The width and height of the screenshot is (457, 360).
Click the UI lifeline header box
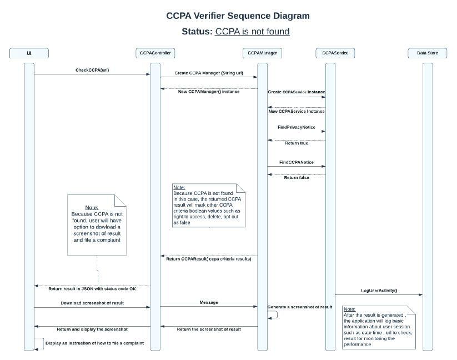coord(29,53)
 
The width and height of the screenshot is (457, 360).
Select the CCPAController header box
coord(155,53)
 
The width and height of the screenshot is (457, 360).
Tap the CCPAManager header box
coord(262,53)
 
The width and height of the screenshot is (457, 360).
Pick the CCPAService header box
coord(330,53)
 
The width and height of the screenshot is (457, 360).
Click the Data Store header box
coord(426,53)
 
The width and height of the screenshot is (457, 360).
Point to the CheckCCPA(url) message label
coord(92,70)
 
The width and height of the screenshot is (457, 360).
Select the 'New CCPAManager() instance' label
coord(209,92)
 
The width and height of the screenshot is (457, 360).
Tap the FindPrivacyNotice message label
coord(296,127)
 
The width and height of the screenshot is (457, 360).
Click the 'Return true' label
coord(297,143)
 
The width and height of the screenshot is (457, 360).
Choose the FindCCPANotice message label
coord(296,162)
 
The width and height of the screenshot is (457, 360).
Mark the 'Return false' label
coord(297,178)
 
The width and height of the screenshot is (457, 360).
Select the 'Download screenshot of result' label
coord(92,303)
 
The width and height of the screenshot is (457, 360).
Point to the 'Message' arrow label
coord(208,302)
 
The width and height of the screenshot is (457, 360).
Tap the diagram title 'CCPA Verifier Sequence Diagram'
coord(238,16)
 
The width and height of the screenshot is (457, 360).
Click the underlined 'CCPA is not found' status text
coord(252,32)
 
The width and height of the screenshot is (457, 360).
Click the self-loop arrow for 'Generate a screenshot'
coord(273,314)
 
